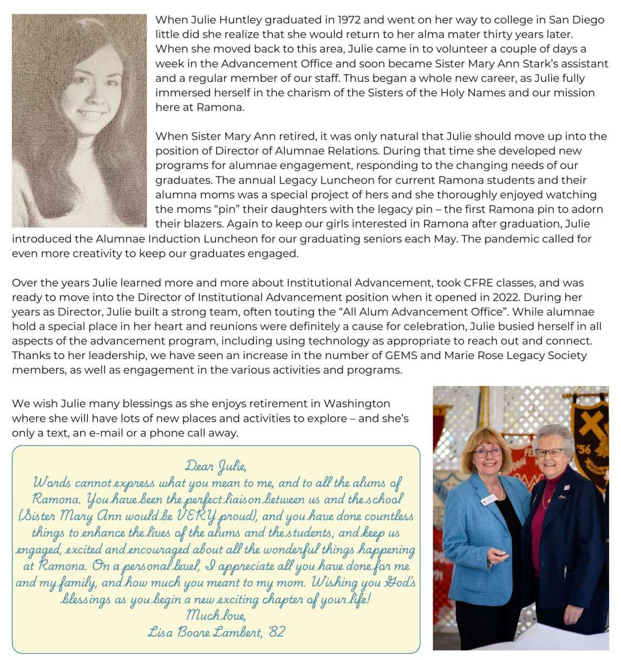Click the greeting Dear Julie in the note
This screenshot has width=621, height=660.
click(216, 466)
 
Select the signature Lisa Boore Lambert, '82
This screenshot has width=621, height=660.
click(216, 631)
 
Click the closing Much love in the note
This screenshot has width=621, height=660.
click(216, 615)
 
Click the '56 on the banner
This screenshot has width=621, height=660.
click(584, 449)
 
